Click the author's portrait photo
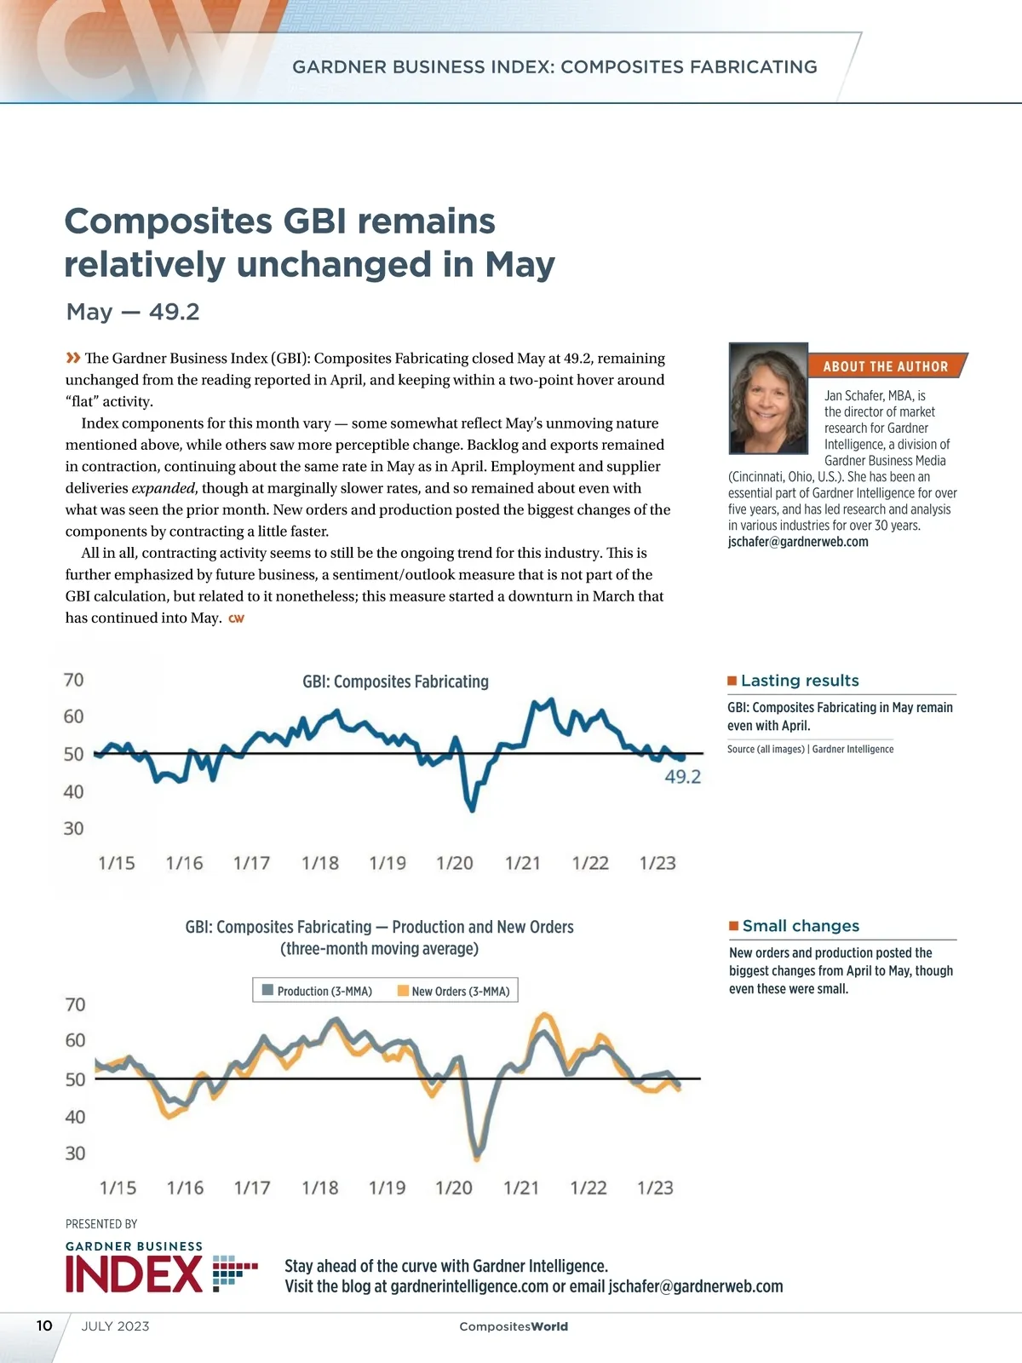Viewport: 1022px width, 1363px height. tap(768, 399)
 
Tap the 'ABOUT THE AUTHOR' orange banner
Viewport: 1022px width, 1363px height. tap(885, 366)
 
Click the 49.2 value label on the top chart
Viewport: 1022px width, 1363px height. tap(682, 776)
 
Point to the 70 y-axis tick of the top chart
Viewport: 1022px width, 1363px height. tap(74, 680)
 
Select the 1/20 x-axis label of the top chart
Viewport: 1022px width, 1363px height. tap(455, 863)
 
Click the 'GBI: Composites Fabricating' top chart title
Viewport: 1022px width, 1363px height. tap(396, 681)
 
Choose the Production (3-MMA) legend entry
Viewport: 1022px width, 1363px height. tap(317, 991)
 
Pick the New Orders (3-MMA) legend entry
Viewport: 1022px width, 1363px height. tap(453, 991)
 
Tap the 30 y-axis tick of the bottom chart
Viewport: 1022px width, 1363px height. tap(75, 1153)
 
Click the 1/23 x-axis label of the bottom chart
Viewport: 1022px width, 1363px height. tap(655, 1188)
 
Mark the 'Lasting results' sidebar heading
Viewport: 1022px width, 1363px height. tap(800, 681)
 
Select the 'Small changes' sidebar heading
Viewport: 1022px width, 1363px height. tap(801, 926)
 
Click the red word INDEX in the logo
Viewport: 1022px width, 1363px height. tap(134, 1274)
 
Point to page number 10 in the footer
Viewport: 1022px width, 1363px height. tap(44, 1326)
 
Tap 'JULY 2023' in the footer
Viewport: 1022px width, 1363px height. tap(115, 1326)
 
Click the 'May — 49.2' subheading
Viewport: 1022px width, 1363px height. tap(133, 312)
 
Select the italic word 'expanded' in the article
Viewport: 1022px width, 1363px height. tap(164, 488)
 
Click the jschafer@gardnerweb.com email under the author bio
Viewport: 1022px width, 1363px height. tap(798, 542)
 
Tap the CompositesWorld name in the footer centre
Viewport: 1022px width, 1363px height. tap(514, 1326)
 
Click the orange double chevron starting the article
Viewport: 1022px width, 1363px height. tap(73, 358)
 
